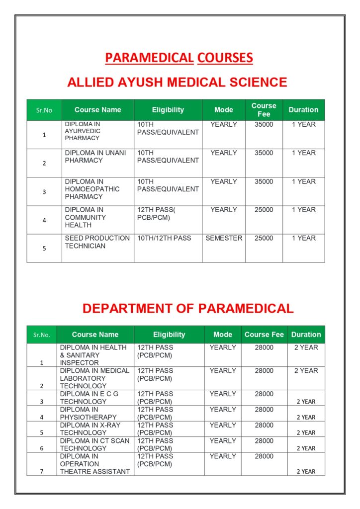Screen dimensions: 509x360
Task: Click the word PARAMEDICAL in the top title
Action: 149,58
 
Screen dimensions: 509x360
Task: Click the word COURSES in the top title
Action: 225,58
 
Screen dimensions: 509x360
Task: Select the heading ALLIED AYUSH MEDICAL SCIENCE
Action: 177,82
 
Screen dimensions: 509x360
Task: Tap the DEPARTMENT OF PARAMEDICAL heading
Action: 188,309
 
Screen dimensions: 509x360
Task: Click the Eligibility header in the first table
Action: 168,110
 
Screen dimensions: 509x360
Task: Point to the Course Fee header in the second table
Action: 264,335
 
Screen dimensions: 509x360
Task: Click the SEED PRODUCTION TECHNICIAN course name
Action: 97,242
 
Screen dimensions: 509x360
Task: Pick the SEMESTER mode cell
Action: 224,239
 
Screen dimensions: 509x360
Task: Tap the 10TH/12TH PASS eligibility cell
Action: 164,239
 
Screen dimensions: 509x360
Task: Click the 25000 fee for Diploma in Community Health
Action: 264,210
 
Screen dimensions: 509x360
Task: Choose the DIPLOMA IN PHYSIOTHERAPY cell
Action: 89,414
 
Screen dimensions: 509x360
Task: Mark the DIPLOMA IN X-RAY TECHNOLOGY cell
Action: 90,429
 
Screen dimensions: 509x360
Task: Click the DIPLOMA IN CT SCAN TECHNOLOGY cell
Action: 94,444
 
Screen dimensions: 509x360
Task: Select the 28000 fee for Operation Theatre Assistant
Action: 264,456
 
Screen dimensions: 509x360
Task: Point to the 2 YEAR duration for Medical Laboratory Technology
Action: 306,371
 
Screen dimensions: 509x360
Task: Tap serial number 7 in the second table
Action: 42,471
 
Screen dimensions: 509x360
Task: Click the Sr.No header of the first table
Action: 44,110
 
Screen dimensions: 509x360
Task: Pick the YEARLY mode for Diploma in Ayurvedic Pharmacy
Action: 224,125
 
